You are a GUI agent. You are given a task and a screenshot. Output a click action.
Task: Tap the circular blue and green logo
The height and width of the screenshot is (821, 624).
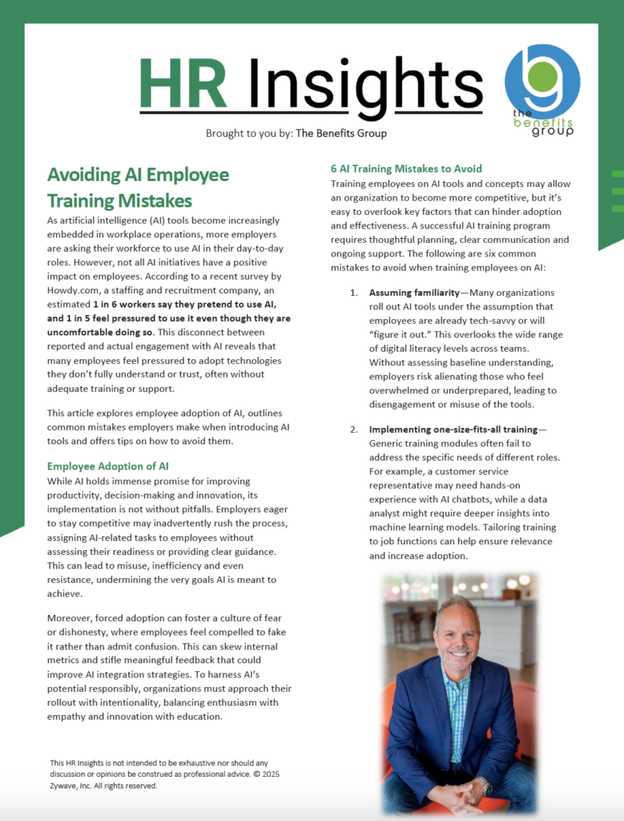543,82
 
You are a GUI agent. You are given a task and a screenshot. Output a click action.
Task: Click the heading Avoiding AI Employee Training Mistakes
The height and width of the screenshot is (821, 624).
138,187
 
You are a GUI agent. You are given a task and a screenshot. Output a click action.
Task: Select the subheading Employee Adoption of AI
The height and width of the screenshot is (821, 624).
107,466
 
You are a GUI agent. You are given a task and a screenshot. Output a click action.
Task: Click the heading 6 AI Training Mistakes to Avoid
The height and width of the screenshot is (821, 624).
406,168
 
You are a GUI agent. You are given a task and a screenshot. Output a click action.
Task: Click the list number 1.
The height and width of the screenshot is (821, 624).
353,293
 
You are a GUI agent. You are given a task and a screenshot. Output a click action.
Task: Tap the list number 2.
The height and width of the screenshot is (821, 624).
353,429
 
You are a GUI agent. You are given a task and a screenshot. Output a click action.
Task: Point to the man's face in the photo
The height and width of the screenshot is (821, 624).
457,638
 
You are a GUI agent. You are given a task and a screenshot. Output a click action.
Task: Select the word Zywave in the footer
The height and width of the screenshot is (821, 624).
66,786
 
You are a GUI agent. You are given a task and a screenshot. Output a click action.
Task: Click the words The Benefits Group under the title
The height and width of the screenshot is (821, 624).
341,133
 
